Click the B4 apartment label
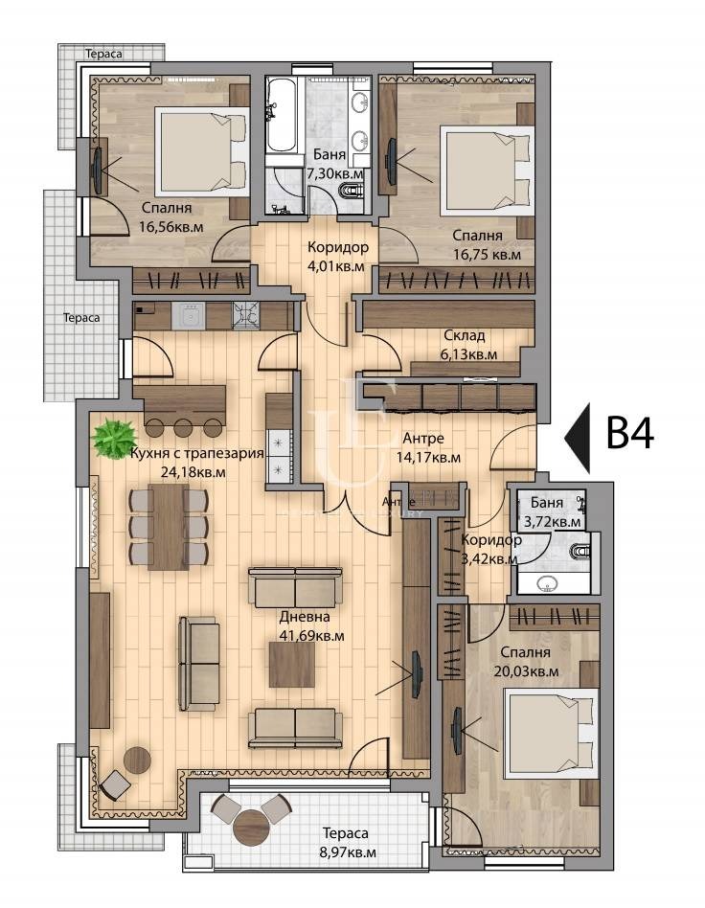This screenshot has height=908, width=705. coord(630,434)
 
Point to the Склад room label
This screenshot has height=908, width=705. coord(464,335)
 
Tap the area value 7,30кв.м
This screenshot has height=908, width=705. coord(334,174)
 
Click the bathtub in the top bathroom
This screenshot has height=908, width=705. coord(283,116)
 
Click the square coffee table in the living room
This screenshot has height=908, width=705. coord(291,664)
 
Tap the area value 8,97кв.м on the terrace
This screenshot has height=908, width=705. coord(344,851)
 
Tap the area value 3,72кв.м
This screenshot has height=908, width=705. coord(550,521)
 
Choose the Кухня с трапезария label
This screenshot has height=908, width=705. coord(195,454)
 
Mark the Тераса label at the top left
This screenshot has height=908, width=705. coord(103,55)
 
